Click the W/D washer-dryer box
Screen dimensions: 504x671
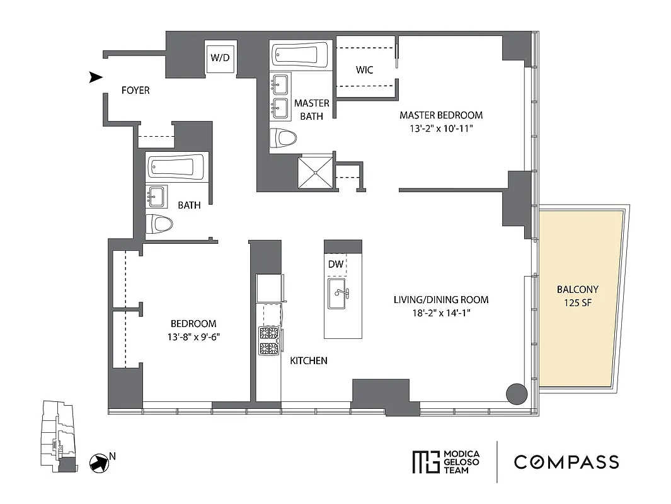[220, 58]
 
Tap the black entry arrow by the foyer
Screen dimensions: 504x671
[95, 77]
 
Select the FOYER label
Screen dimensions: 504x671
[135, 91]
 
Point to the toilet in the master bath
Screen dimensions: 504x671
[283, 138]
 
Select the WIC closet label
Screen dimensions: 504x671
[365, 70]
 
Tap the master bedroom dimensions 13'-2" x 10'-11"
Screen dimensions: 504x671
[441, 128]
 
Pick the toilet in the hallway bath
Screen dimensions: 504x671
[160, 223]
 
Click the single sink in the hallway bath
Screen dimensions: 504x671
[157, 197]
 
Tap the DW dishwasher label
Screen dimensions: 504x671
[336, 265]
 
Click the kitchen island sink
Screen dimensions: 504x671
[341, 295]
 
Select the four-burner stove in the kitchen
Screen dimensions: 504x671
[269, 341]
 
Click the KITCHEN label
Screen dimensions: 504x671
[308, 361]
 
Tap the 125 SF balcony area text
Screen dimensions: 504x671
[577, 302]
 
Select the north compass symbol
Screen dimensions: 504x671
[98, 462]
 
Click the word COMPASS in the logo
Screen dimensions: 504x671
[566, 462]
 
